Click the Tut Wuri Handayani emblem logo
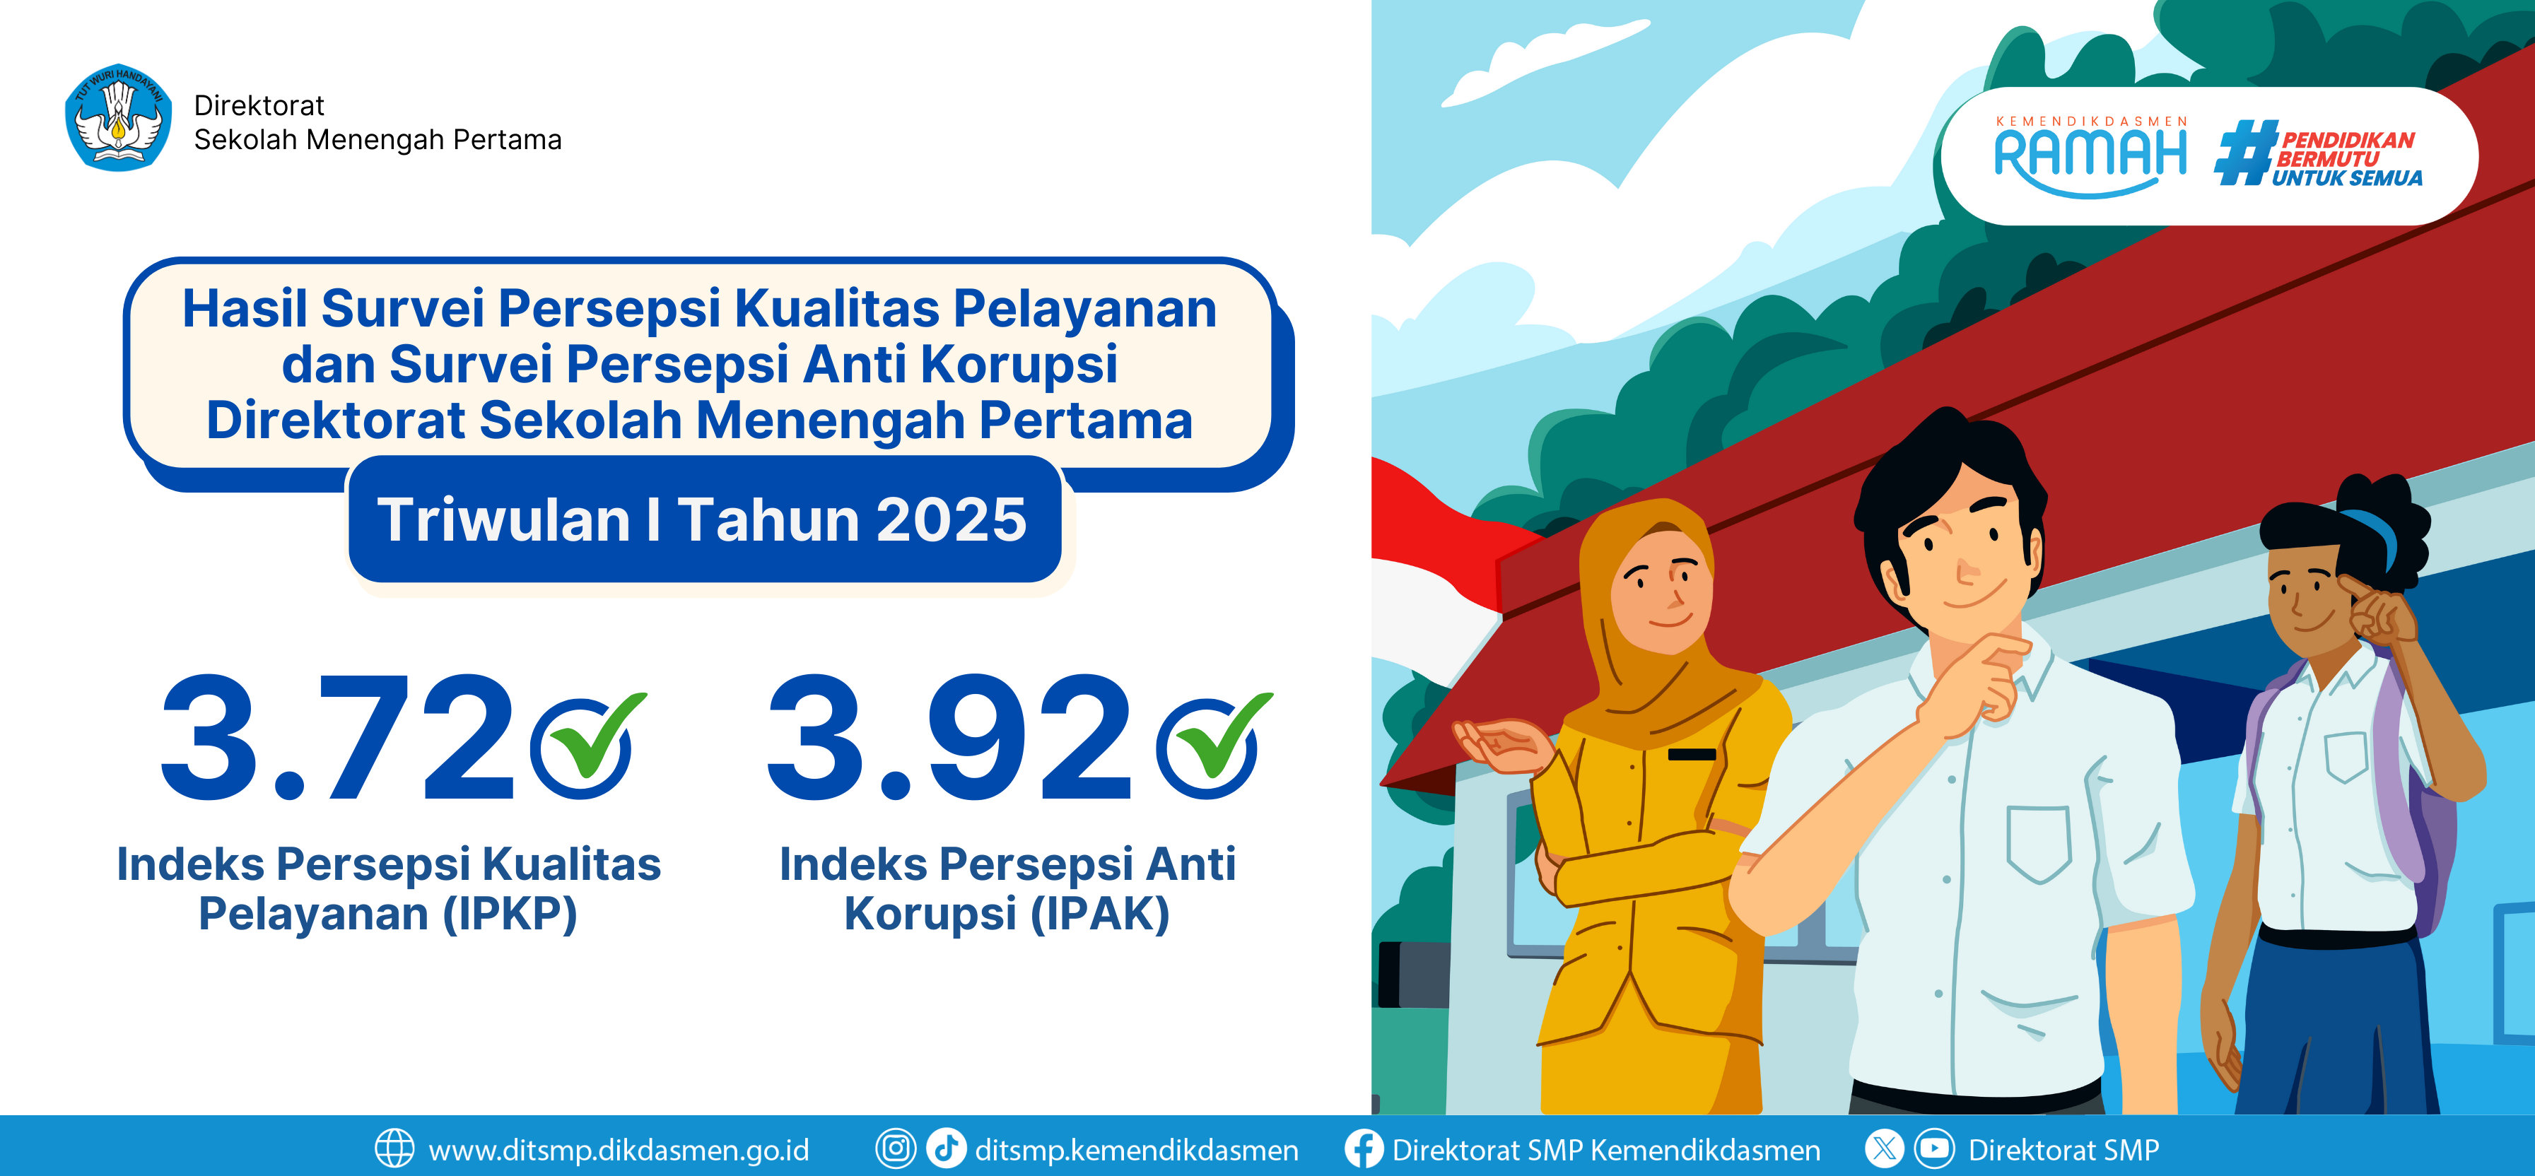118,117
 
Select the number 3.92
949,737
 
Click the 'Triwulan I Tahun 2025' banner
703,519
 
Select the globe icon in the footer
394,1148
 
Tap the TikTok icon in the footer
947,1148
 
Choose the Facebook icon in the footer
1364,1148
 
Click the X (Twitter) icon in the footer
1883,1148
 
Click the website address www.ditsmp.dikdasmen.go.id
619,1149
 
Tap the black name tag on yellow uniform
1692,755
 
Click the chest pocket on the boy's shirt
2039,842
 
